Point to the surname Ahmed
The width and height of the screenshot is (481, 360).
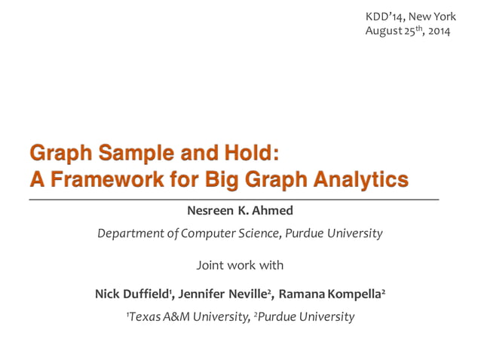[x=273, y=210]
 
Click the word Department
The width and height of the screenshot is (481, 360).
[x=130, y=233]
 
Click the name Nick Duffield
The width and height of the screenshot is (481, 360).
[x=133, y=294]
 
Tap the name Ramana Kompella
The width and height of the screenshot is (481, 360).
[x=331, y=294]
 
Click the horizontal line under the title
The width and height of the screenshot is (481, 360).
[x=234, y=198]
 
